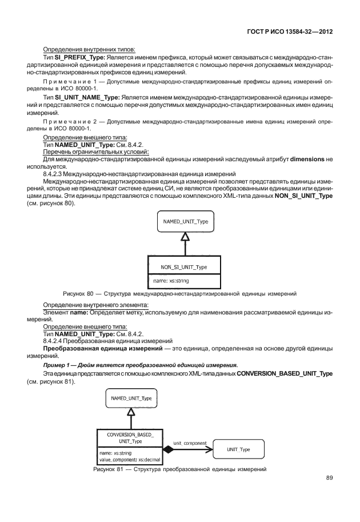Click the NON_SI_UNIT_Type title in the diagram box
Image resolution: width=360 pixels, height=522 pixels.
click(x=184, y=267)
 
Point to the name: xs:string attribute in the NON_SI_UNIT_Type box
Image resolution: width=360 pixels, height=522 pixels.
click(x=171, y=281)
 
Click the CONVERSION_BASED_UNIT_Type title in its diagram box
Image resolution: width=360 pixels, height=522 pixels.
click(x=130, y=438)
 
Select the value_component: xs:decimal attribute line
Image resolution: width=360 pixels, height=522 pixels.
click(x=131, y=459)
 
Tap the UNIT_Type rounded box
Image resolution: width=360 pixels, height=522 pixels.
click(x=238, y=449)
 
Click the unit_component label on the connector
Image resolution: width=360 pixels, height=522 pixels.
click(x=191, y=443)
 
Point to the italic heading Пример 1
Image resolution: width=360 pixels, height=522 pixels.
click(x=58, y=365)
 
